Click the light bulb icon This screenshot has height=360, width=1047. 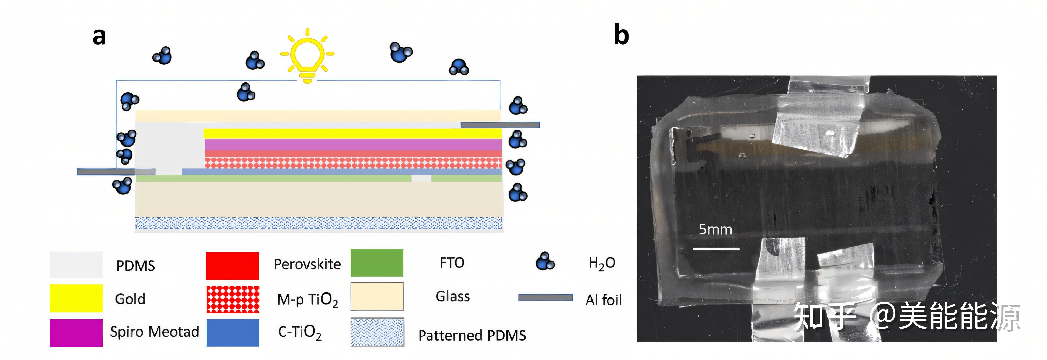click(307, 56)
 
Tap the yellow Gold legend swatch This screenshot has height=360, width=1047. click(76, 298)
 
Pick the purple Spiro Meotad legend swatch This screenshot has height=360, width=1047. click(76, 332)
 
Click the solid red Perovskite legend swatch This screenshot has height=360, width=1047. click(233, 266)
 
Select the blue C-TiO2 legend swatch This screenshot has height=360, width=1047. click(233, 332)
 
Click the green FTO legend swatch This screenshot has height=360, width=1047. click(377, 263)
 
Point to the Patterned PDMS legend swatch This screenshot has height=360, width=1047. click(377, 332)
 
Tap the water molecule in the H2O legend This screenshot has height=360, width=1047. click(545, 261)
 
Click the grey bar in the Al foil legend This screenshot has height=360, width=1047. click(545, 298)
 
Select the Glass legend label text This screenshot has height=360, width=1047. click(453, 297)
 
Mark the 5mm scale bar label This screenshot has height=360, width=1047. click(715, 230)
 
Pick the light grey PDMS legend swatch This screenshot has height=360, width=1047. click(76, 265)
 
